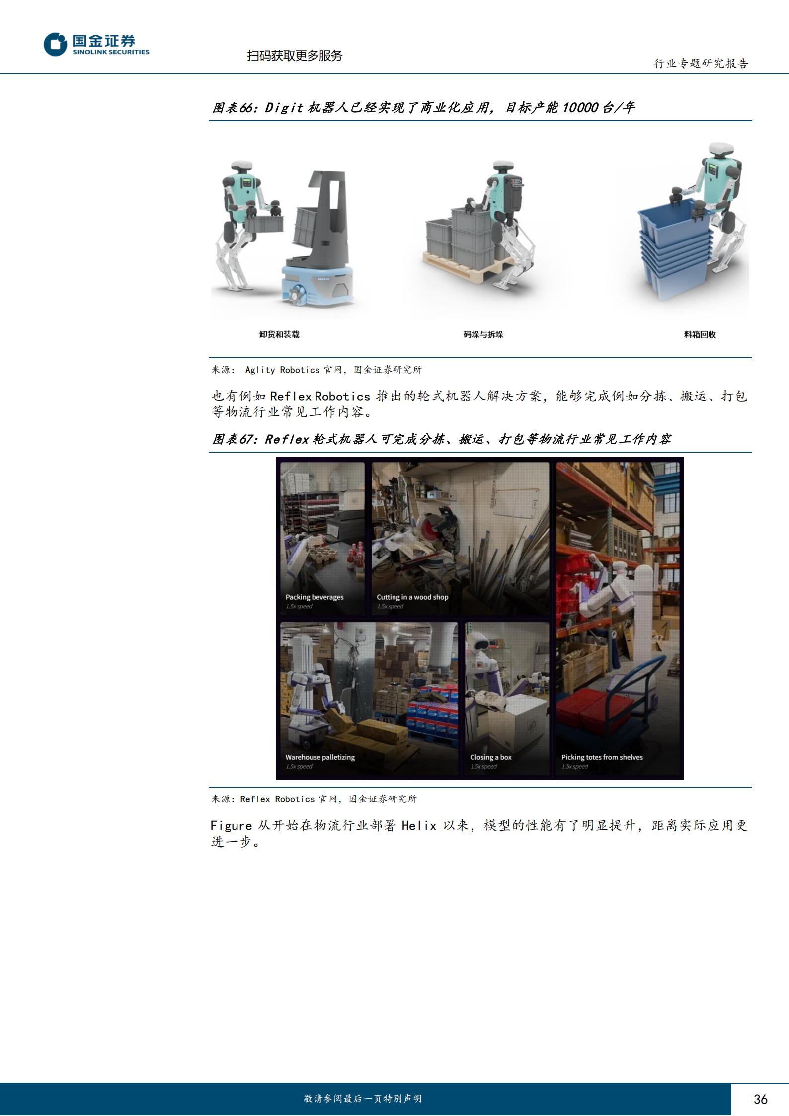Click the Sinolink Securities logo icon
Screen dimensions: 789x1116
click(55, 45)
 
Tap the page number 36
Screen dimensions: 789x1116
click(760, 1099)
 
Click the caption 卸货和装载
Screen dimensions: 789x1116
click(279, 334)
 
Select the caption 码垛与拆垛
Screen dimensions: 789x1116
click(483, 334)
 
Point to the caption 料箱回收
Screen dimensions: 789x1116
click(700, 334)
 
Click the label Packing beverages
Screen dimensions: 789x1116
click(315, 597)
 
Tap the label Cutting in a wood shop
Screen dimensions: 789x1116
click(412, 597)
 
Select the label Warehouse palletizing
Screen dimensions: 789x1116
click(320, 757)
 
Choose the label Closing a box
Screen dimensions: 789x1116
click(491, 757)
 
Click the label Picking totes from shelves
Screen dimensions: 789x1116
click(602, 757)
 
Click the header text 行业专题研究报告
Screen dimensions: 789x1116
click(701, 64)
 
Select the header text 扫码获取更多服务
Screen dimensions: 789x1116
click(295, 56)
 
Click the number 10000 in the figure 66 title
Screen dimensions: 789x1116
click(580, 107)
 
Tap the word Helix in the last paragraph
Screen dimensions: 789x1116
click(419, 826)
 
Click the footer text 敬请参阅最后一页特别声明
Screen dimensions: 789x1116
click(363, 1099)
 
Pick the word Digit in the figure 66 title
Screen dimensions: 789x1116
click(284, 108)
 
